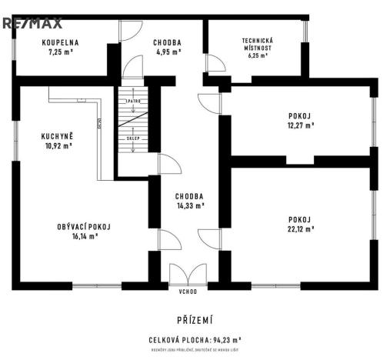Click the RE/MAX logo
pyautogui.click(x=32, y=24)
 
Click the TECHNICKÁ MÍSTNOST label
pyautogui.click(x=257, y=43)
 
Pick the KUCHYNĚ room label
pyautogui.click(x=56, y=137)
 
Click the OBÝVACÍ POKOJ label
pyautogui.click(x=85, y=227)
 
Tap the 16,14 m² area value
pyautogui.click(x=85, y=236)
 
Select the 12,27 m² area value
pyautogui.click(x=300, y=125)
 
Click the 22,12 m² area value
pyautogui.click(x=300, y=228)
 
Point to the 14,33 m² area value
pyautogui.click(x=188, y=205)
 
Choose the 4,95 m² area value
pyautogui.click(x=167, y=52)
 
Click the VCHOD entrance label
pyautogui.click(x=188, y=292)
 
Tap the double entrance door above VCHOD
pyautogui.click(x=188, y=275)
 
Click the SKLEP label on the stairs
pyautogui.click(x=132, y=138)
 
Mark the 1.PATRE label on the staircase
pyautogui.click(x=132, y=102)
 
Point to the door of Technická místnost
pyautogui.click(x=215, y=63)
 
